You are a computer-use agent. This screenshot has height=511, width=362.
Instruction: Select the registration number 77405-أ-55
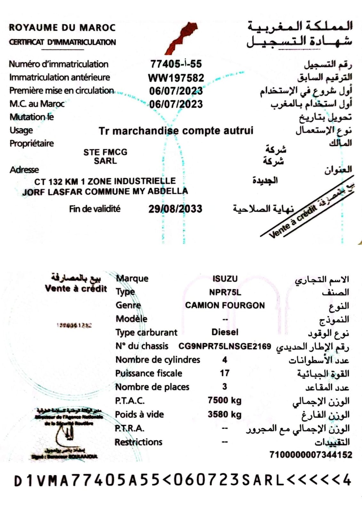[x=176, y=64]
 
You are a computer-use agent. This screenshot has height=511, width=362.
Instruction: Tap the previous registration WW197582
[x=176, y=78]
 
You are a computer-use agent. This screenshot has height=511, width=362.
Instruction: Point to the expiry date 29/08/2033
[x=175, y=209]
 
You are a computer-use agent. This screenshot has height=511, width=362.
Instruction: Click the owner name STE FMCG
[x=105, y=152]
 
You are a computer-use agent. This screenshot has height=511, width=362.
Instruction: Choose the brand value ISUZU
[x=225, y=279]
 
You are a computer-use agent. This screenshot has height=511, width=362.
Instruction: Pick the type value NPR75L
[x=225, y=292]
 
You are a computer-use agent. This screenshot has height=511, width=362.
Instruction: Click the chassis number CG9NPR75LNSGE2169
[x=224, y=346]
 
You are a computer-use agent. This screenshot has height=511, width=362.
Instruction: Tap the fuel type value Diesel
[x=225, y=332]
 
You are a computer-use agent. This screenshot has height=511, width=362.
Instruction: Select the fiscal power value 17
[x=224, y=373]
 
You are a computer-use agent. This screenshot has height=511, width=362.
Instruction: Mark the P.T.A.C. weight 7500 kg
[x=224, y=400]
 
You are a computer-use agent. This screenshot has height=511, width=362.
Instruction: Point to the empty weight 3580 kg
[x=224, y=414]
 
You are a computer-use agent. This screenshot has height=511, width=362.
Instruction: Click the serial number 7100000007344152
[x=310, y=455]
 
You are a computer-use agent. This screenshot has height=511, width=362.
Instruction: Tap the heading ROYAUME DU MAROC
[x=62, y=27]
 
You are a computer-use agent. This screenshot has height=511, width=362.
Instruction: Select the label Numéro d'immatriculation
[x=59, y=64]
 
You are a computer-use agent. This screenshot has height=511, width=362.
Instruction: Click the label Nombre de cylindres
[x=157, y=360]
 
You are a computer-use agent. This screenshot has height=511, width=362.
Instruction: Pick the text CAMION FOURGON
[x=225, y=306]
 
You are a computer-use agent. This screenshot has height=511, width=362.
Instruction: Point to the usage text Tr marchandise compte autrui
[x=176, y=131]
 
